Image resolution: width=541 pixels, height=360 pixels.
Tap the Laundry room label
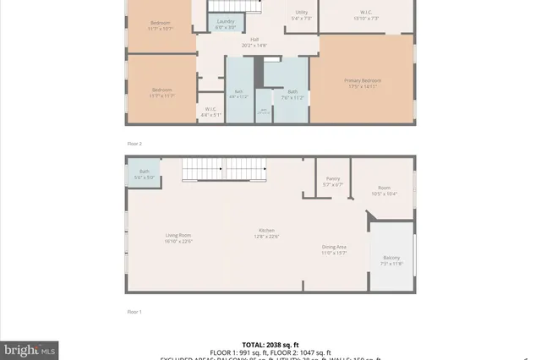pyautogui.click(x=225, y=23)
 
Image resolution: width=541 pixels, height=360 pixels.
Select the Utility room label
pyautogui.click(x=301, y=14)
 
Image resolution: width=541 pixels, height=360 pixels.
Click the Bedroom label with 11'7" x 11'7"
pyautogui.click(x=162, y=92)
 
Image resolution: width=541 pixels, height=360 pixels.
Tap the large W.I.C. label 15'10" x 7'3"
pyautogui.click(x=364, y=14)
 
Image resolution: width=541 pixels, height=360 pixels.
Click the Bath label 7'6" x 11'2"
pyautogui.click(x=292, y=94)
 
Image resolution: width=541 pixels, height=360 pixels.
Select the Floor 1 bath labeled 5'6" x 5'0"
pyautogui.click(x=139, y=175)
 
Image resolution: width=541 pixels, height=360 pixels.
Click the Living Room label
pyautogui.click(x=178, y=237)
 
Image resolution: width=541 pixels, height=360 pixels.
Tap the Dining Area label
pyautogui.click(x=334, y=249)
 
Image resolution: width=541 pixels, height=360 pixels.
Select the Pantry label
pyautogui.click(x=333, y=182)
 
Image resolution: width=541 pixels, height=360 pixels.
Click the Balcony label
pyautogui.click(x=391, y=259)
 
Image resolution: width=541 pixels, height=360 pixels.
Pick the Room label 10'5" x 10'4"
pyautogui.click(x=385, y=190)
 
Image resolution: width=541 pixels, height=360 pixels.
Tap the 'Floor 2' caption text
pyautogui.click(x=134, y=144)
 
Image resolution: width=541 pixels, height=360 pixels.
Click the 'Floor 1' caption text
pyautogui.click(x=134, y=312)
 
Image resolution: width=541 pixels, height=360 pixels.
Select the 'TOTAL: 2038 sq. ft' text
pyautogui.click(x=271, y=345)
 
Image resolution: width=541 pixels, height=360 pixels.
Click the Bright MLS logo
pyautogui.click(x=30, y=347)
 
